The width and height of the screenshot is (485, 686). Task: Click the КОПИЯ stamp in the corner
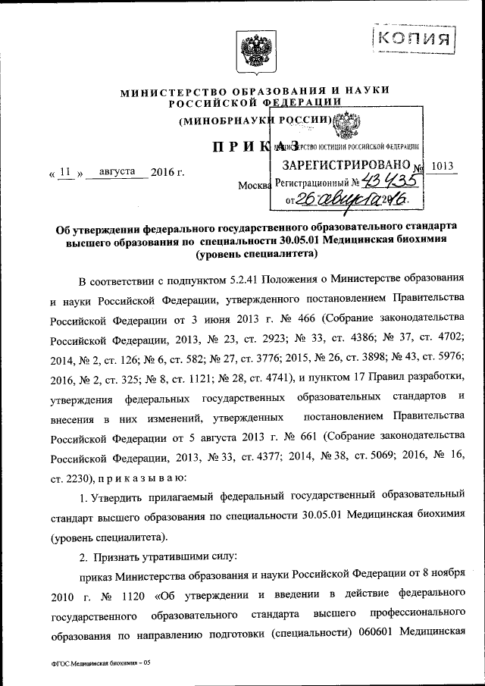click(x=414, y=36)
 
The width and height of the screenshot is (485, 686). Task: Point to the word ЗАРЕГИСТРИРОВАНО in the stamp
click(x=345, y=164)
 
